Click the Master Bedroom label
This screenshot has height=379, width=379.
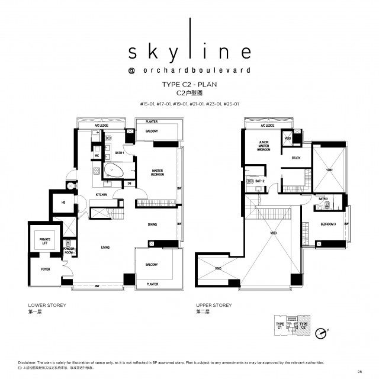point(157,172)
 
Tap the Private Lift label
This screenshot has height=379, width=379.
point(45,240)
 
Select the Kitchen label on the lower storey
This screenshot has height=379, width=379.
point(101,194)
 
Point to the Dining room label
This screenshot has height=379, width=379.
point(152,224)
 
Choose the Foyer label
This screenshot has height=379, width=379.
point(46,268)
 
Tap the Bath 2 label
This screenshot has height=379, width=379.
point(260,181)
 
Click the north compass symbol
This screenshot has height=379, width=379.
point(322,333)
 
